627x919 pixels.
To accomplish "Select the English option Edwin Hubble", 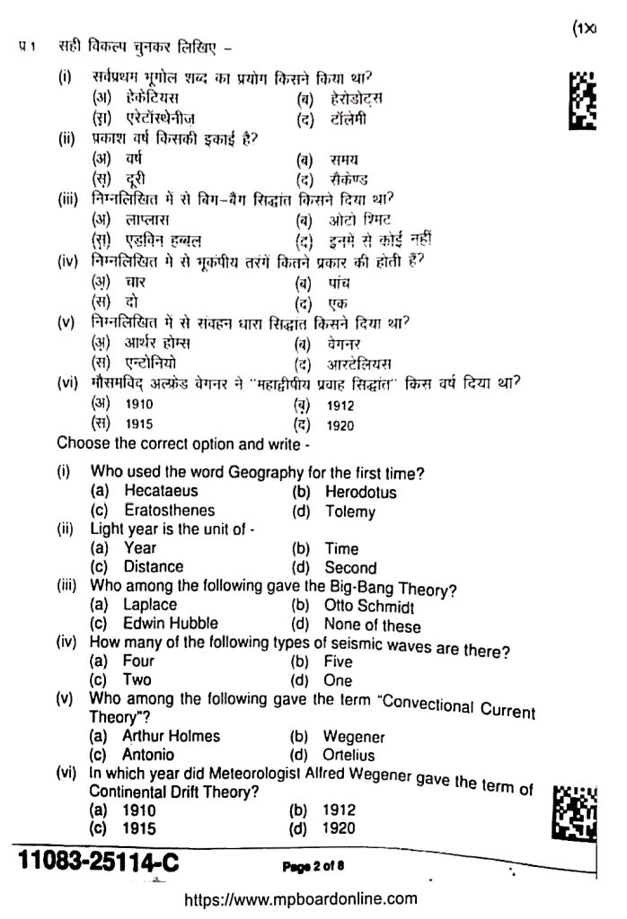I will tap(170, 623).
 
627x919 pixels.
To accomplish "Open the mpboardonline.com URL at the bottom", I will tap(301, 898).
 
